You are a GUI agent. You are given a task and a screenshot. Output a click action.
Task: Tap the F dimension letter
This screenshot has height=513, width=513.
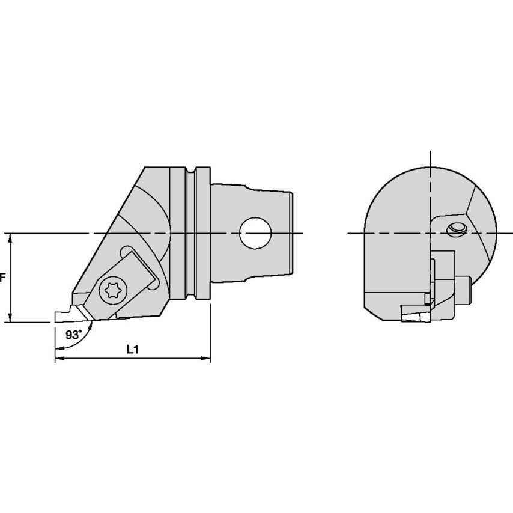click(x=3, y=278)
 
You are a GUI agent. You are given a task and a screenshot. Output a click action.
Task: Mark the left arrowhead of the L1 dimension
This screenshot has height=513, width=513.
click(x=58, y=359)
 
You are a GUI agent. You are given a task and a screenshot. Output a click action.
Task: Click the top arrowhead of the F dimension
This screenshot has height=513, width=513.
click(x=10, y=237)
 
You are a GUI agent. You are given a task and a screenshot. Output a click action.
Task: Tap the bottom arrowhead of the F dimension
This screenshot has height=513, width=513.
click(x=10, y=318)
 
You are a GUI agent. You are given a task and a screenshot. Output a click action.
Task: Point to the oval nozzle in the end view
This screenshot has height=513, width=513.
click(x=458, y=228)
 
